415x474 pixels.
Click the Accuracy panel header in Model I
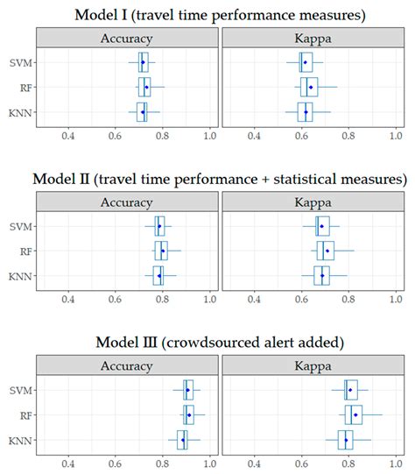pos(128,39)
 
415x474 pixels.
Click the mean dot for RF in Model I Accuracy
pos(146,88)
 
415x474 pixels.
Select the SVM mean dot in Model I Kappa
pos(305,62)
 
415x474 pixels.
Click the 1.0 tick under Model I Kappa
pos(395,136)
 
